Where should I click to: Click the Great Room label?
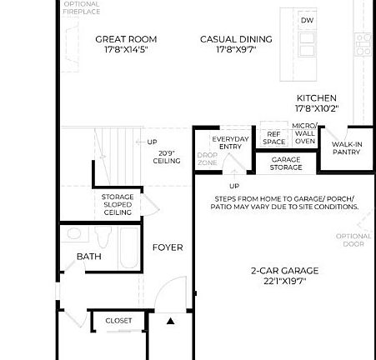(x=126, y=39)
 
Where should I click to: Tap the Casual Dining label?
(x=236, y=39)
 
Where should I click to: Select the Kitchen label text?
(x=317, y=98)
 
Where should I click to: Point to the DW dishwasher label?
(x=308, y=20)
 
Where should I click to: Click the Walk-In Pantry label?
(x=347, y=148)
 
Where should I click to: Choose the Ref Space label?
(x=274, y=137)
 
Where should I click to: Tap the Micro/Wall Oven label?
(x=304, y=133)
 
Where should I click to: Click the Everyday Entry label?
(x=230, y=142)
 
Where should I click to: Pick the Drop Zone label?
(x=207, y=158)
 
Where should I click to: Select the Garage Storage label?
(x=286, y=163)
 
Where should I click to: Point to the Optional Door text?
(x=353, y=240)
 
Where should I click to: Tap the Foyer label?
(x=167, y=247)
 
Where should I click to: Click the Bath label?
(x=89, y=257)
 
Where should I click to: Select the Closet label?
(x=118, y=321)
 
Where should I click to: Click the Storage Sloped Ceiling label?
(x=118, y=205)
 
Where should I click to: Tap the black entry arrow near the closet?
(x=170, y=320)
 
